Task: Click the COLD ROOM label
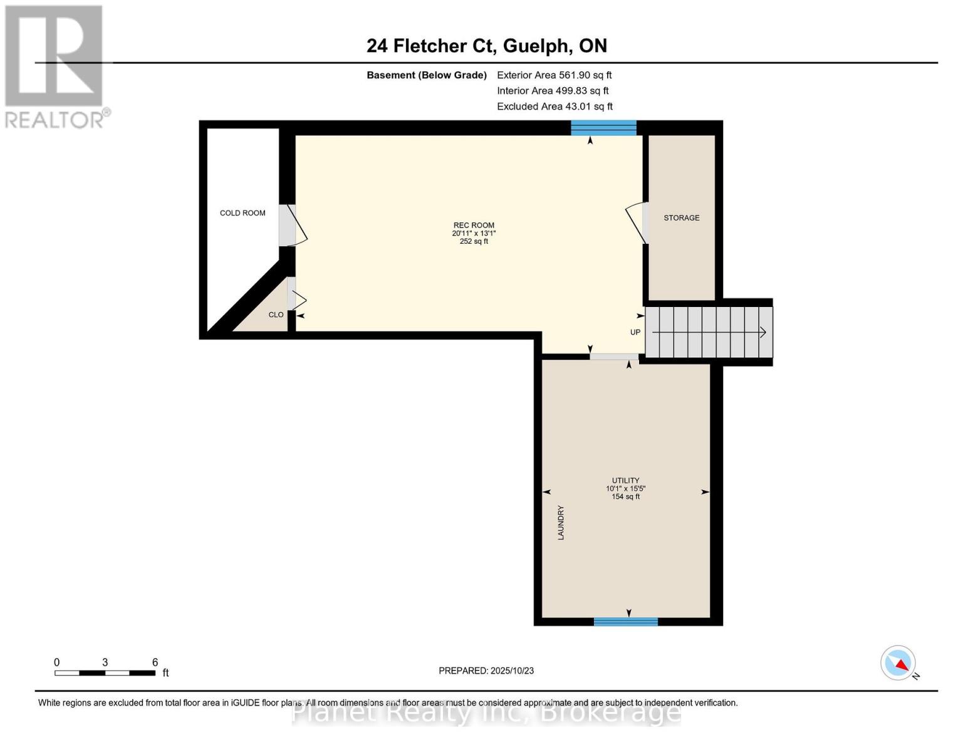tap(242, 212)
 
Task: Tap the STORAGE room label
tap(681, 217)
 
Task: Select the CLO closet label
tap(276, 315)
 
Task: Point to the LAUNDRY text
tap(561, 522)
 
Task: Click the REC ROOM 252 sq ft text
tap(474, 241)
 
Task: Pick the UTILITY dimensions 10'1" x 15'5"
tap(625, 489)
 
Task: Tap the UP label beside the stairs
tap(635, 332)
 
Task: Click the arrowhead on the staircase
tap(763, 332)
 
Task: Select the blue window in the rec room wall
tap(603, 128)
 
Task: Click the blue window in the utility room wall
tap(625, 622)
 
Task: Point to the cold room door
tap(293, 225)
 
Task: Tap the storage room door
tap(637, 223)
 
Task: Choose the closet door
tap(296, 294)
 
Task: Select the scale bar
tap(105, 672)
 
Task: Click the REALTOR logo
tap(56, 67)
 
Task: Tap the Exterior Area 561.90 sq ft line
tap(554, 75)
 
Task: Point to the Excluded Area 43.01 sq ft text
tap(554, 107)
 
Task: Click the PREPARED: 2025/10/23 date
tap(486, 671)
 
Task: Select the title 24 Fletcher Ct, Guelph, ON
tap(487, 46)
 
